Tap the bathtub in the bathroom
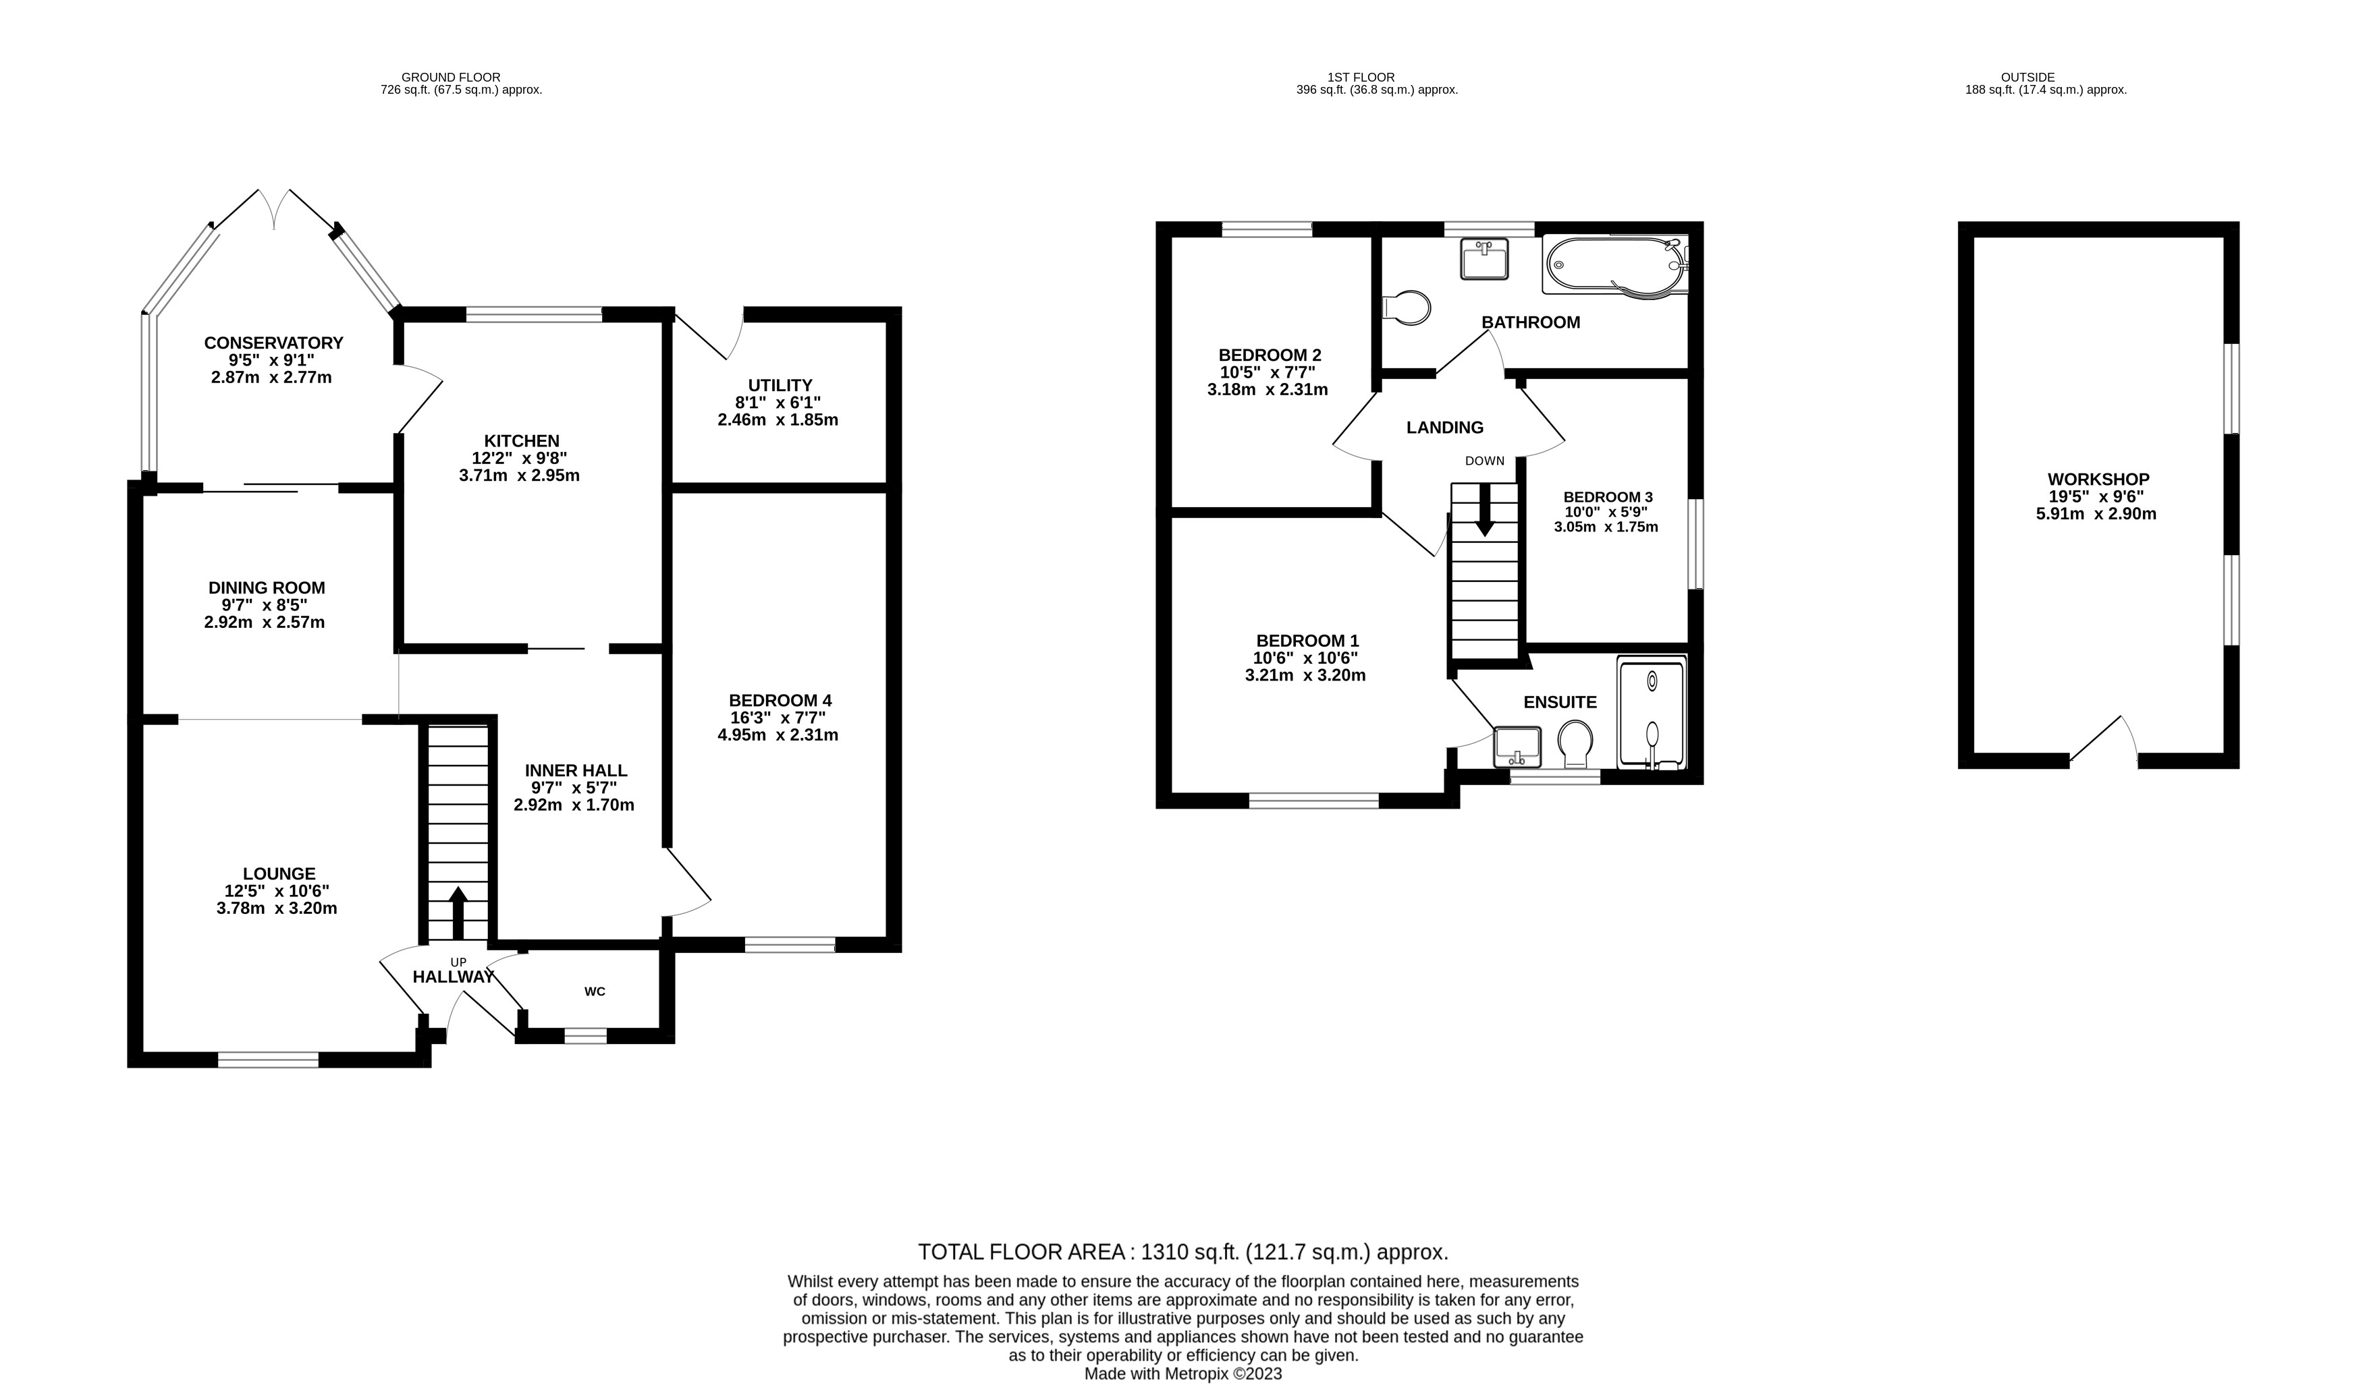1614,266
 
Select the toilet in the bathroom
1409,307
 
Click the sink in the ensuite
1517,747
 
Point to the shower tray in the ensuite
1652,714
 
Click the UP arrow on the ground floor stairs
458,911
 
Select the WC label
595,991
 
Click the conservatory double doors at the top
273,208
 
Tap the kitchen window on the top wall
533,314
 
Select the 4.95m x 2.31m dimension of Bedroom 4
778,735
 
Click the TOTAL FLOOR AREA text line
1182,1252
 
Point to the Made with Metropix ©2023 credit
1182,1374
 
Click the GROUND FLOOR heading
451,77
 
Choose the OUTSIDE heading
2027,77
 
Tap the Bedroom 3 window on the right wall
1695,544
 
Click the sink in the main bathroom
1484,258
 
